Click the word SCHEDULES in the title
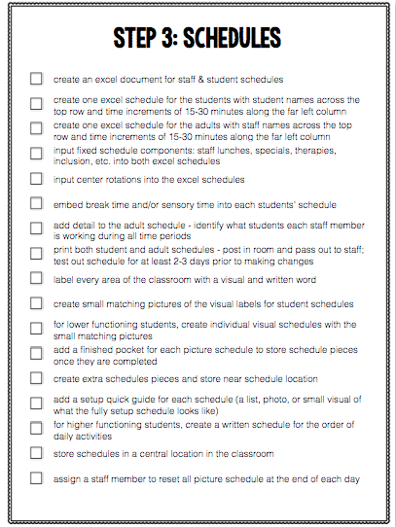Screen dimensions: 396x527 (x=232, y=38)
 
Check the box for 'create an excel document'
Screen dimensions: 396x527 (x=36, y=78)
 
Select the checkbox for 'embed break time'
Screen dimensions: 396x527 (x=36, y=204)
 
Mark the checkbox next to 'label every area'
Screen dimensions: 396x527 (x=36, y=277)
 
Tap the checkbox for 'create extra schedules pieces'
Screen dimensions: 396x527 (x=36, y=377)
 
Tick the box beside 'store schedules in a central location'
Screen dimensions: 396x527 (x=36, y=452)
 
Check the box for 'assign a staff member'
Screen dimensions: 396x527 (x=36, y=477)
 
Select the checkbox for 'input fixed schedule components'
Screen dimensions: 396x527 (x=36, y=154)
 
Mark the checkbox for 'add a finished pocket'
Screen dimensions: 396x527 (x=36, y=352)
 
